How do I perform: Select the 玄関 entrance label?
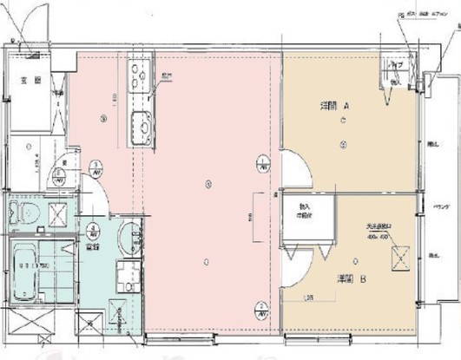tap(28, 83)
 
